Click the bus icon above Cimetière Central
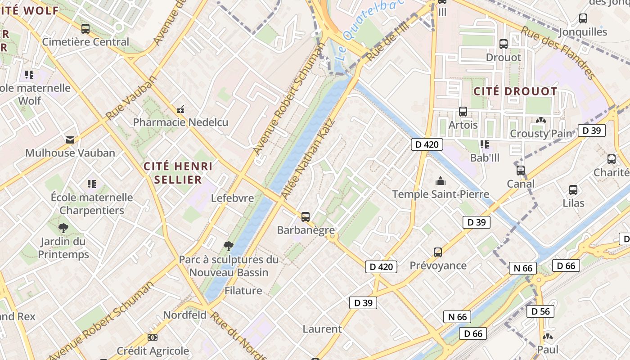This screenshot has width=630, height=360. click(85, 29)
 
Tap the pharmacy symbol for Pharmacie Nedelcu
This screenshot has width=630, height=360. click(180, 109)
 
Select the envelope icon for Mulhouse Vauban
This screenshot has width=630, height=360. click(70, 139)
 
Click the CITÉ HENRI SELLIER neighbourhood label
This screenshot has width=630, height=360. click(178, 173)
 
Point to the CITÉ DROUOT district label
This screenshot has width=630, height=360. click(515, 91)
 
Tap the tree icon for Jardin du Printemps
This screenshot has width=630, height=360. click(63, 228)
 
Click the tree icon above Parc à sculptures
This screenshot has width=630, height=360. click(229, 246)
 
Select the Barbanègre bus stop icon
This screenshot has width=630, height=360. click(306, 217)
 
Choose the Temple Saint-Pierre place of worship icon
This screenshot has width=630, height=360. click(440, 181)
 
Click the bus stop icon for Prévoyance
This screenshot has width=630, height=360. click(438, 252)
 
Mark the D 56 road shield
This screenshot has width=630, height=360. click(540, 311)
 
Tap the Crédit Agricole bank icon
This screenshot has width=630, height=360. click(153, 337)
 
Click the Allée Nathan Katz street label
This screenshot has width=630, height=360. click(308, 159)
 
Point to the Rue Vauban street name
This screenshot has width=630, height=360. click(131, 98)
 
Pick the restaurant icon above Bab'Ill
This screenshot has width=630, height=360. click(485, 144)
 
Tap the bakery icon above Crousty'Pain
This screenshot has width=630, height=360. click(540, 120)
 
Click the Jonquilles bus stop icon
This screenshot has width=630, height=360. click(583, 18)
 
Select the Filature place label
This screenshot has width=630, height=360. click(243, 291)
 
